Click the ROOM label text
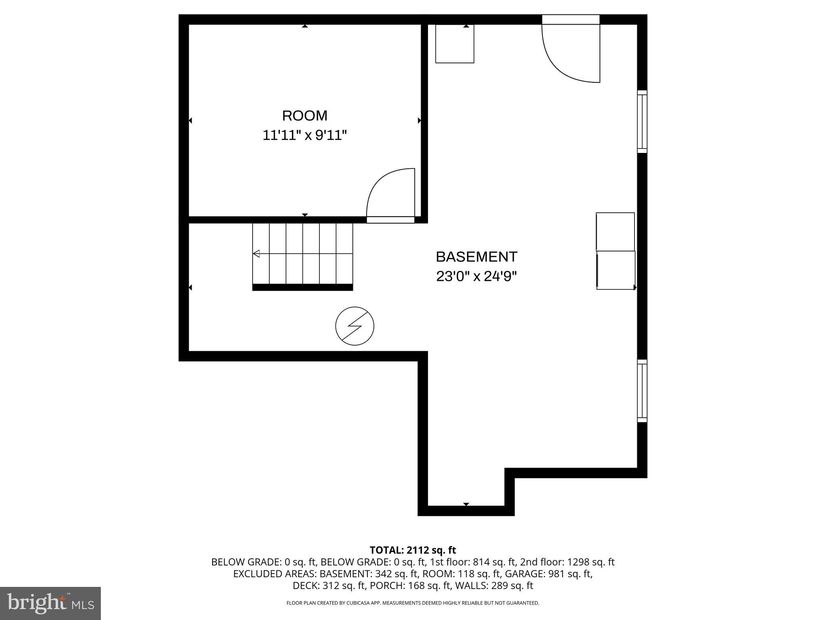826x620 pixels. (305, 116)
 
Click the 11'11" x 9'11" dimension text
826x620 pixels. (305, 135)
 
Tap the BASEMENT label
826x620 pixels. (476, 257)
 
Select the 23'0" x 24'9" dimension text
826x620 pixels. (476, 276)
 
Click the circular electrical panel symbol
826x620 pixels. (355, 326)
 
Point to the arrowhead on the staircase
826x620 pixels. (256, 254)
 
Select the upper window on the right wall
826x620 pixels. (642, 121)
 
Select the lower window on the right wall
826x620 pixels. (642, 391)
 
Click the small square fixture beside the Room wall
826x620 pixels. (455, 44)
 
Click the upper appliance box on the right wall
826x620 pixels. (615, 232)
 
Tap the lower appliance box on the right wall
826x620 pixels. (615, 270)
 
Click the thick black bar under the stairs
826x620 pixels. (302, 287)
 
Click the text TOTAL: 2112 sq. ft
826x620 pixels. (413, 550)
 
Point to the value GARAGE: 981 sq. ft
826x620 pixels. (549, 574)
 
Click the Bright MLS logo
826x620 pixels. (50, 603)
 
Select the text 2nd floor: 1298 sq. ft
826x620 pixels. (567, 562)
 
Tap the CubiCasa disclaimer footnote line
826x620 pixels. (413, 603)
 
